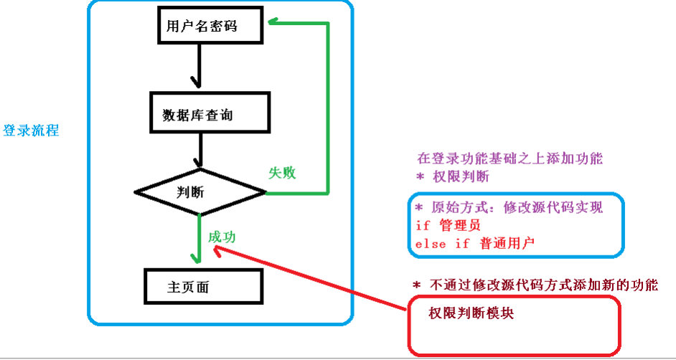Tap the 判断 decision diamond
click(200, 192)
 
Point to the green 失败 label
click(282, 174)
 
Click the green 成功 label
click(222, 237)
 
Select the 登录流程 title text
click(31, 131)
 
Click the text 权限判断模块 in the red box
click(471, 313)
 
